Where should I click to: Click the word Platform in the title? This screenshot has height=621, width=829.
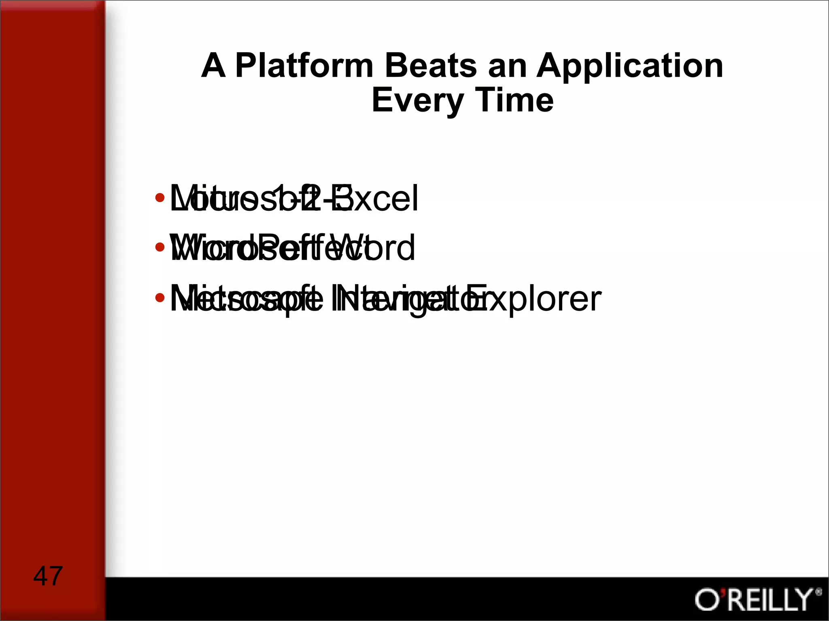pyautogui.click(x=304, y=66)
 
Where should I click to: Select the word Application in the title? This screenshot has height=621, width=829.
pyautogui.click(x=630, y=66)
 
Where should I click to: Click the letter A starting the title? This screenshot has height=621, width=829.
pyautogui.click(x=213, y=66)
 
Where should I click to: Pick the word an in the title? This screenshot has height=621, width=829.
pyautogui.click(x=507, y=67)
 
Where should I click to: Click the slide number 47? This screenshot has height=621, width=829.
pyautogui.click(x=48, y=576)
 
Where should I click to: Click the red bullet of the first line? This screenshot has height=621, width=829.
pyautogui.click(x=160, y=198)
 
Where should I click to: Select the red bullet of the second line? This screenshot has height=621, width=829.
pyautogui.click(x=160, y=247)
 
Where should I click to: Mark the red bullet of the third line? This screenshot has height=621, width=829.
pyautogui.click(x=160, y=298)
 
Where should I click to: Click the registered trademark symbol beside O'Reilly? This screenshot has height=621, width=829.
pyautogui.click(x=818, y=592)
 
